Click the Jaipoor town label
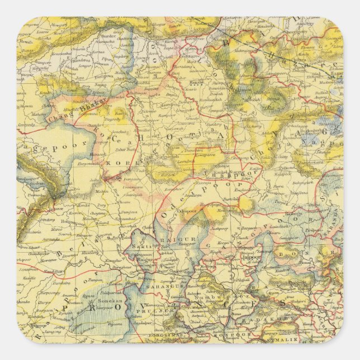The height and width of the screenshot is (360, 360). coord(252,258)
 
